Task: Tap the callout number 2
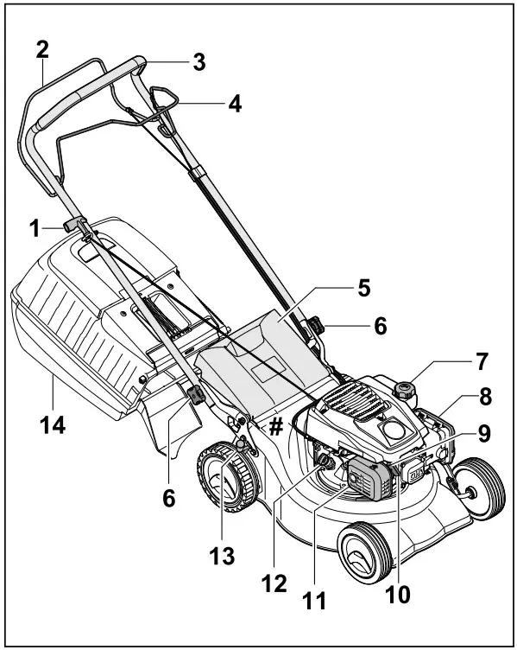point(41,49)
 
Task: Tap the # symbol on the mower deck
point(276,426)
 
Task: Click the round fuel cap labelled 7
point(403,388)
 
